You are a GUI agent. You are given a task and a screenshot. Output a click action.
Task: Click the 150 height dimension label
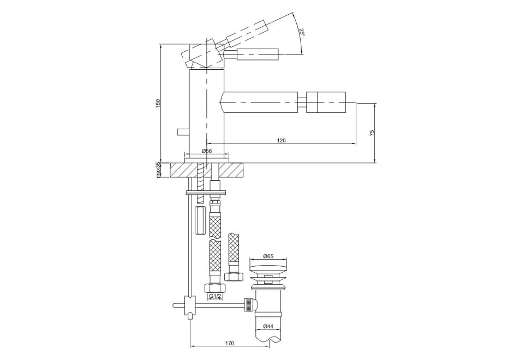point(157,103)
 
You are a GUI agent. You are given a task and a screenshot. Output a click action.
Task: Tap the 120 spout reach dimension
point(281,140)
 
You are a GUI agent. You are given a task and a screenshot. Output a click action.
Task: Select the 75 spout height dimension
point(372,133)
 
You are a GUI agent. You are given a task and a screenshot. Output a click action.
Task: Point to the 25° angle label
point(301,32)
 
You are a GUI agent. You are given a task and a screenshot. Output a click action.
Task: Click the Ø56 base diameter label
point(207,151)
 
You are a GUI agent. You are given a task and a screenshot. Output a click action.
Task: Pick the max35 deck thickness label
point(158,170)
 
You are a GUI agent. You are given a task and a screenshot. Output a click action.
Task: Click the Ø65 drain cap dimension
point(268,256)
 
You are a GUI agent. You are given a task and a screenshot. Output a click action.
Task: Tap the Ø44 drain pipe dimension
point(268,326)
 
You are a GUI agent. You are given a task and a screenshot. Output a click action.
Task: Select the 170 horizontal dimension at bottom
point(230,343)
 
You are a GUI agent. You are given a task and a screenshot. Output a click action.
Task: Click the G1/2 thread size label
point(215,296)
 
